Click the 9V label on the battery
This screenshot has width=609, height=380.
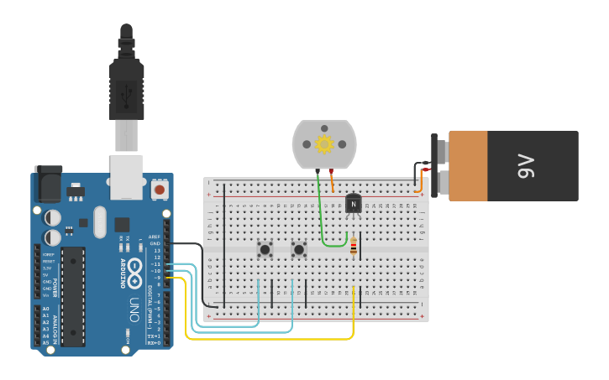point(526,165)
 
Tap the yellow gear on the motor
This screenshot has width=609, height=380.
point(324,143)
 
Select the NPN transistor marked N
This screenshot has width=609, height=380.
point(353,203)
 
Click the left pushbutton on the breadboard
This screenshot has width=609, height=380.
point(265,249)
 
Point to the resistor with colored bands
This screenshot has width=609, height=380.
point(354,246)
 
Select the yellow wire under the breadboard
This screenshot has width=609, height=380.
point(269,338)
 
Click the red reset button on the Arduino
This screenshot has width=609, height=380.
point(159,190)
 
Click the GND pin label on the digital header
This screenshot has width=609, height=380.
point(155,243)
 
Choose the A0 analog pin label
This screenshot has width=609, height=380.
point(45,309)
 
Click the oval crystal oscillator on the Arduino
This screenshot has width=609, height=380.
point(100,222)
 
